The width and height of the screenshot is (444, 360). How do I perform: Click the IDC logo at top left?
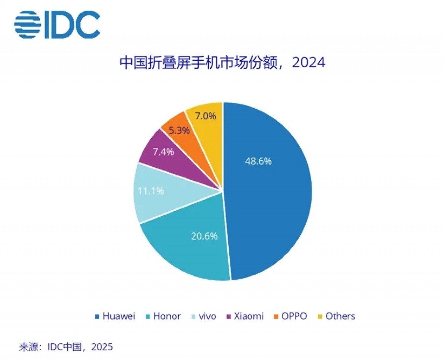[x=57, y=24]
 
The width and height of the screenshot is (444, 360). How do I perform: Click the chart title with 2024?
[x=222, y=63]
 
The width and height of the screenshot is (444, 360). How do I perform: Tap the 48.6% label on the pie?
[x=258, y=161]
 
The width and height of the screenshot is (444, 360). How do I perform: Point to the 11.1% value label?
[x=151, y=191]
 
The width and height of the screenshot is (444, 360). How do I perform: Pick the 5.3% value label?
[x=179, y=130]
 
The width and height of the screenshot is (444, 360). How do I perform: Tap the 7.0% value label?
[x=205, y=116]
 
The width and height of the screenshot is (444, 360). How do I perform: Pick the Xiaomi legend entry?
[x=246, y=316]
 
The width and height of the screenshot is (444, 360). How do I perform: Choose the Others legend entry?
[x=336, y=316]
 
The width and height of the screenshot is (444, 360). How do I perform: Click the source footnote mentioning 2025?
[x=66, y=347]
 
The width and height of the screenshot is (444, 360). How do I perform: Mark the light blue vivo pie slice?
[x=148, y=200]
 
